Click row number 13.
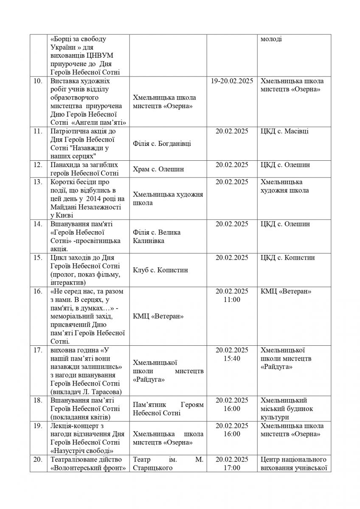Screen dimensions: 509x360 click(37, 182)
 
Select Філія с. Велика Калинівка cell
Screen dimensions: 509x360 click(157, 236)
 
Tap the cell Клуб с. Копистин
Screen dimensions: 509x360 click(160, 270)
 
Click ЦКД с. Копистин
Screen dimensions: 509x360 click(288, 257)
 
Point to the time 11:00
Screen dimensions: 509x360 click(231, 299)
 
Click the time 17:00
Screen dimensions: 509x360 click(231, 468)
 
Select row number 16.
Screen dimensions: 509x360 click(37, 291)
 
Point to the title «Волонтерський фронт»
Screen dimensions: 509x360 click(86, 468)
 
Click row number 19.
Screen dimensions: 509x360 click(37, 426)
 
